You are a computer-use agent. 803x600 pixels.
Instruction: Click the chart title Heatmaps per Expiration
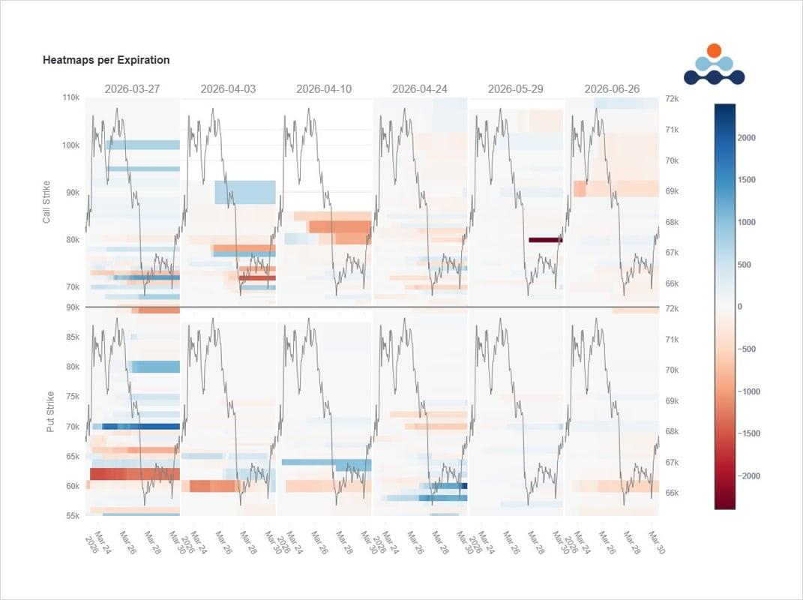(x=106, y=60)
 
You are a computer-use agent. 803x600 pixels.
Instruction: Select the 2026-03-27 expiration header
(x=132, y=88)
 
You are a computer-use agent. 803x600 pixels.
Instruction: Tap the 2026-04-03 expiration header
(x=228, y=88)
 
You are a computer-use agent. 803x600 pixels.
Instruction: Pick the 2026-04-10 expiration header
(x=324, y=88)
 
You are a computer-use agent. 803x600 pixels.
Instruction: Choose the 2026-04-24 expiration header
(x=420, y=88)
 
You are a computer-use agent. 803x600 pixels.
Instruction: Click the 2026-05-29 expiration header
(x=516, y=88)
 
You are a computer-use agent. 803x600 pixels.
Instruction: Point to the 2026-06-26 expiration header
(x=612, y=88)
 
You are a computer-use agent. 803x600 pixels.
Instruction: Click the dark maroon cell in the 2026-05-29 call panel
(x=545, y=240)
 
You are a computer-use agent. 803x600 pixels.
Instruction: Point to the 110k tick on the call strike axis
(x=71, y=98)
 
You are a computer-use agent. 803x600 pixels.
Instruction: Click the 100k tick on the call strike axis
(x=71, y=145)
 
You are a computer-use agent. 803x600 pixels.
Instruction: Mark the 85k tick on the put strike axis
(x=73, y=337)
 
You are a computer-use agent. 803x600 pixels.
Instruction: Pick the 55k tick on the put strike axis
(x=73, y=516)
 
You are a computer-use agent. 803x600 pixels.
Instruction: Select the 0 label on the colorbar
(x=740, y=307)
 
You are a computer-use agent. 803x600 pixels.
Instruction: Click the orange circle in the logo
(x=714, y=50)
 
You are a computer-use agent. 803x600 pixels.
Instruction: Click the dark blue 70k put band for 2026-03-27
(x=141, y=426)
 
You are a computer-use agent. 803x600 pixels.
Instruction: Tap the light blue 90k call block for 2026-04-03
(x=245, y=192)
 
